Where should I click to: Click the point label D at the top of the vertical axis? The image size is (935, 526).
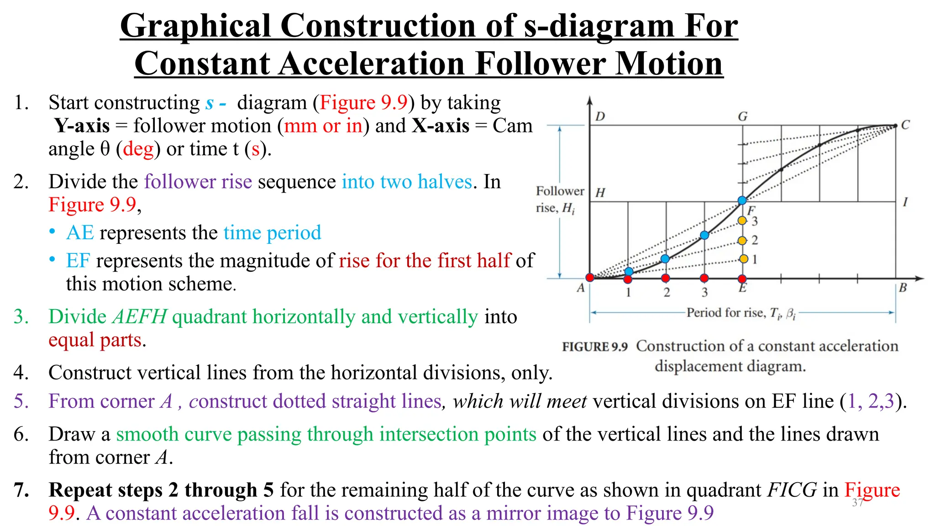(600, 116)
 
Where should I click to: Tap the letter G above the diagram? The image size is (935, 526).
(743, 117)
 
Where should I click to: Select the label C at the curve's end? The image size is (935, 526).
(905, 125)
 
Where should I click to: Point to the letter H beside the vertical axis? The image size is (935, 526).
(600, 193)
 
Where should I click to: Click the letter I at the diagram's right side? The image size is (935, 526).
(905, 201)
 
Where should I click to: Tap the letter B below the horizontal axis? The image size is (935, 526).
(903, 288)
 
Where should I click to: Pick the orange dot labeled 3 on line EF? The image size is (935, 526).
(742, 221)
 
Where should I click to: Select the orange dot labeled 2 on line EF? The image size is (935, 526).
(742, 241)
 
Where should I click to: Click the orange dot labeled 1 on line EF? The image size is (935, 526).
(744, 259)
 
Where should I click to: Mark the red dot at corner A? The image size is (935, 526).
(590, 278)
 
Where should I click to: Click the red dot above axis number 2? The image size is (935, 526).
(666, 278)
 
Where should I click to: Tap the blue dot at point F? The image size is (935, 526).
(742, 200)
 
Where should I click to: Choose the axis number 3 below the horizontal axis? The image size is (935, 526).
(704, 292)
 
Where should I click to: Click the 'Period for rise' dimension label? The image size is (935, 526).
(740, 313)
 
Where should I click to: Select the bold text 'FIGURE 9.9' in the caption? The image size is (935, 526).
(594, 347)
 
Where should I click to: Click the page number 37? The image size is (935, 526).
(857, 503)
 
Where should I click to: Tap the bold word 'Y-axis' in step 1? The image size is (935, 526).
(82, 126)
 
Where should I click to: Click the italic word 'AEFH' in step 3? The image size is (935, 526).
(139, 317)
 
